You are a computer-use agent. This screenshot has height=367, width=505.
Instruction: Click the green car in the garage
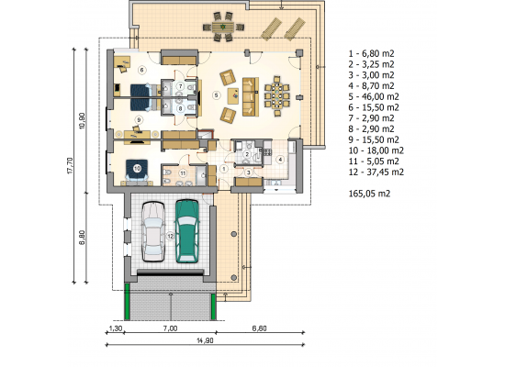[x=186, y=231]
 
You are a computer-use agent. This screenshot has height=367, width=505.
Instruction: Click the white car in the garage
[x=153, y=231]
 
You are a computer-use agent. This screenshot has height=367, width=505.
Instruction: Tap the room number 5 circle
[x=216, y=95]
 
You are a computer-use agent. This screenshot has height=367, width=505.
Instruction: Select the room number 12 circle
[x=170, y=236]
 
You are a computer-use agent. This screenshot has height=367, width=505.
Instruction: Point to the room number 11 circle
[x=183, y=173]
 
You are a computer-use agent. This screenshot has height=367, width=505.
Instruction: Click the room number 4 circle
[x=280, y=159]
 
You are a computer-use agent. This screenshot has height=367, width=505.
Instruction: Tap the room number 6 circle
[x=141, y=70]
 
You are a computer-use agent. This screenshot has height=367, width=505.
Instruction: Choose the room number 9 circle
[x=139, y=120]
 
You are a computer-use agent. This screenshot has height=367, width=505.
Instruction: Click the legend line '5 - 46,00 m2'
[x=374, y=96]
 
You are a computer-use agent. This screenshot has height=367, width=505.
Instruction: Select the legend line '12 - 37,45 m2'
[x=376, y=172]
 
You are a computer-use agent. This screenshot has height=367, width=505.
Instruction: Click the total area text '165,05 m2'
[x=369, y=194]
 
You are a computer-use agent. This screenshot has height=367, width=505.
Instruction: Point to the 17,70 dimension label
[x=71, y=165]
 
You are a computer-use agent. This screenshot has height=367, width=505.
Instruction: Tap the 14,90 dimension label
[x=205, y=340]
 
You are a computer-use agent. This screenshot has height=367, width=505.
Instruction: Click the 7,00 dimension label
[x=170, y=328]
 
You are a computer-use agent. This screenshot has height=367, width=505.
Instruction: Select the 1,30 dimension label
[x=116, y=328]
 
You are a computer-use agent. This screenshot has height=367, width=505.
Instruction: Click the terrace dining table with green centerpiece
[x=222, y=27]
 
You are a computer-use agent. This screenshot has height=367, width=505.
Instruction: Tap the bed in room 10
[x=137, y=171]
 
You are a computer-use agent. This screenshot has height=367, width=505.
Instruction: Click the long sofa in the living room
[x=251, y=96]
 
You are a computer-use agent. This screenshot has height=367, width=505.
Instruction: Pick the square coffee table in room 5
[x=233, y=96]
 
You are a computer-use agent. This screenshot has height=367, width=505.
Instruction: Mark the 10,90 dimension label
[x=83, y=121]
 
